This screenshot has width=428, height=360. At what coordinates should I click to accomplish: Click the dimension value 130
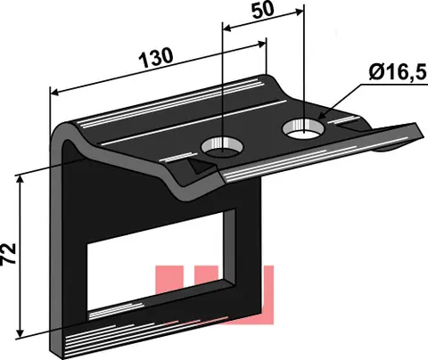tap(156, 57)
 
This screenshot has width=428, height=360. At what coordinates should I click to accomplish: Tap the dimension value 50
tap(263, 10)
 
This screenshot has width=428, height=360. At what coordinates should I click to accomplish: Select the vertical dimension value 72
tap(9, 253)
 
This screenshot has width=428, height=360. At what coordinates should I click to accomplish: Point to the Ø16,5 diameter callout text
tap(398, 73)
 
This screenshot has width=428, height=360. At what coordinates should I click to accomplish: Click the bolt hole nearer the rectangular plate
tap(222, 147)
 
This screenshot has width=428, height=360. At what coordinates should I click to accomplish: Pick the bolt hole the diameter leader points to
tap(304, 128)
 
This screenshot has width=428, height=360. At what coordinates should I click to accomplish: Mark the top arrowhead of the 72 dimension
tap(20, 179)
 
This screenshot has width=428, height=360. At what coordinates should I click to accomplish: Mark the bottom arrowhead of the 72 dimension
tap(20, 333)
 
